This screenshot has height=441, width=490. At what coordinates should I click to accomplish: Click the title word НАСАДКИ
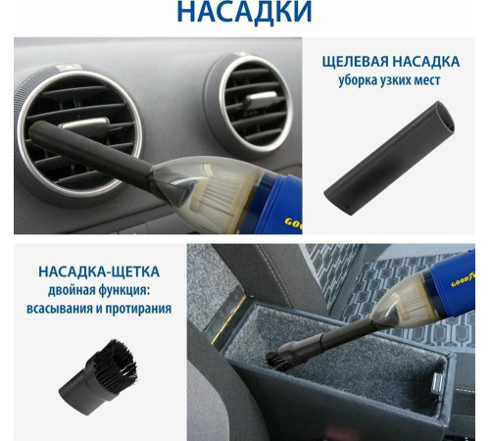coord(245,13)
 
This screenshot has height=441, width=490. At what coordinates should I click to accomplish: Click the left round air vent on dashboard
coord(78,126)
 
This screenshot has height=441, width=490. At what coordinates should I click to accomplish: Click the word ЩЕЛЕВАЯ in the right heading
coord(356,62)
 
